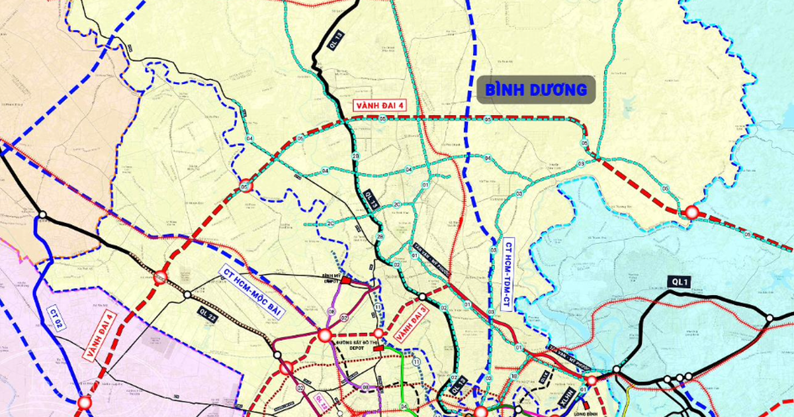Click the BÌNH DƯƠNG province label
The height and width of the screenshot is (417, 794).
(536, 89)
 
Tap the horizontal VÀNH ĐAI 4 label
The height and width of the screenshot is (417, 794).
(379, 105)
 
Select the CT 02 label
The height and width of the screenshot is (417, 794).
(56, 320)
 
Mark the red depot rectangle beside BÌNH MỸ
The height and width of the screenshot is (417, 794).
(345, 281)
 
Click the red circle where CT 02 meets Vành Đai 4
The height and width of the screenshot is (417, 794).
(84, 402)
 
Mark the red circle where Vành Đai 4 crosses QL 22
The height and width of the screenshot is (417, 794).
(161, 278)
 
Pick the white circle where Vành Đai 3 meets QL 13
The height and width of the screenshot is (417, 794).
(422, 297)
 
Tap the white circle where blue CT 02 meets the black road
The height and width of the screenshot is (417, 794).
(42, 215)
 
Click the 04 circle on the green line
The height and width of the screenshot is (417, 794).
(249, 138)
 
